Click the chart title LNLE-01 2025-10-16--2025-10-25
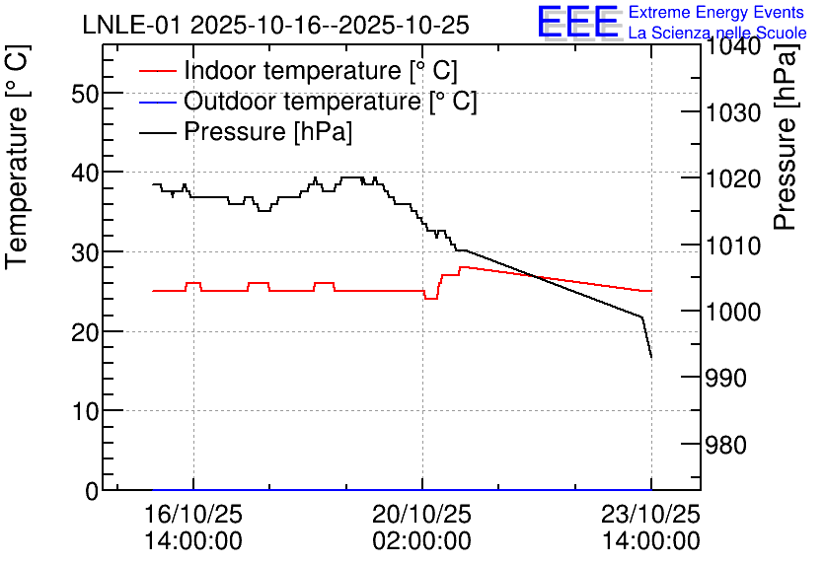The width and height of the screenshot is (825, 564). pos(275,26)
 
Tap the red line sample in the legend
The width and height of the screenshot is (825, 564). pos(157,71)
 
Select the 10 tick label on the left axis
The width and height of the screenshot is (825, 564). pos(84,411)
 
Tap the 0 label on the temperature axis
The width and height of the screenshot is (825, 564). pos(92,491)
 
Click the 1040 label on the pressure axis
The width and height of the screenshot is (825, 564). pos(733,46)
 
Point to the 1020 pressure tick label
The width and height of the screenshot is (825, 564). pos(733,179)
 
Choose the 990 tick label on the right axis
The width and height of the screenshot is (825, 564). pos(726,378)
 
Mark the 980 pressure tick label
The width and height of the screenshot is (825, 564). pos(726,446)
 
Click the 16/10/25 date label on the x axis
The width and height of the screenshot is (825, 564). pos(193,515)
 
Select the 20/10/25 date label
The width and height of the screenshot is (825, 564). pos(422,515)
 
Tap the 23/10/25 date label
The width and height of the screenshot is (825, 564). pos(651,515)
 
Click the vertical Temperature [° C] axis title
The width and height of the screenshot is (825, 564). pos(17,157)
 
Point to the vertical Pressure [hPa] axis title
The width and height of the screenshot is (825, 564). pos(786,136)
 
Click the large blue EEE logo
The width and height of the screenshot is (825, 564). pos(578,21)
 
